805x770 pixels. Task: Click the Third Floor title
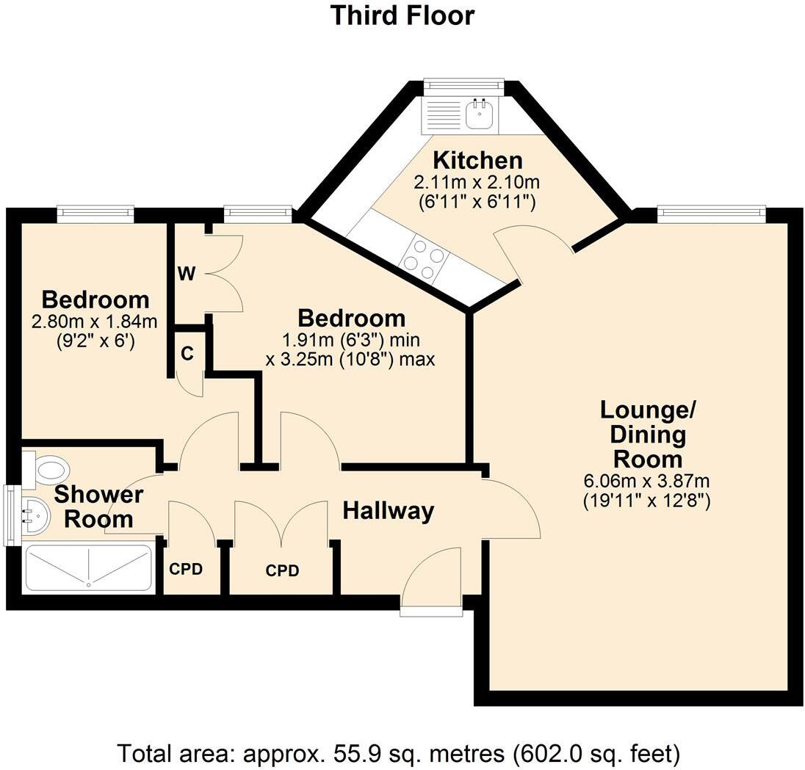(x=402, y=15)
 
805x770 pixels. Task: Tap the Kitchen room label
(x=477, y=161)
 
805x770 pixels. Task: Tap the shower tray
(x=88, y=568)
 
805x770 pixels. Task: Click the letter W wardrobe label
(x=187, y=274)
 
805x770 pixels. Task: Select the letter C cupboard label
(x=187, y=354)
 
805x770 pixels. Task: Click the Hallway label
(x=388, y=511)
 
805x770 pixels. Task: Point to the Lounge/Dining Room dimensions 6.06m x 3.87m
(x=647, y=482)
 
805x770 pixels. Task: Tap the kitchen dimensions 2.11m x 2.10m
(x=477, y=182)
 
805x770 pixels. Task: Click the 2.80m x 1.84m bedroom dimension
(x=95, y=322)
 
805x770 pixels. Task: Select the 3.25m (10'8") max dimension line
(x=350, y=359)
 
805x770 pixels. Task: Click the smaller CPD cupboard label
(x=186, y=569)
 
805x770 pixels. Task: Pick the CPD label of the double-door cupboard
(x=282, y=570)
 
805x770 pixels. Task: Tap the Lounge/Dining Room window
(x=712, y=214)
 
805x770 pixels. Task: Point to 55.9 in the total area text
(x=353, y=754)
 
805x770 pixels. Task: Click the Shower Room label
(x=98, y=506)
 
